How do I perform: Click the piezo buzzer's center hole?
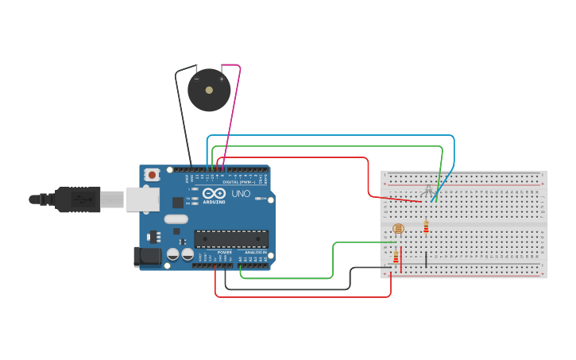(x=209, y=90)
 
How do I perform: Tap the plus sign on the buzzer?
(x=222, y=79)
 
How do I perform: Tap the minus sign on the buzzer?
(x=197, y=79)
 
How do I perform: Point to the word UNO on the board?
(x=241, y=193)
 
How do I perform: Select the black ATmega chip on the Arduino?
(x=231, y=238)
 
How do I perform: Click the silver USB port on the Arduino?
(x=143, y=199)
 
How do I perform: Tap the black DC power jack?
(x=148, y=256)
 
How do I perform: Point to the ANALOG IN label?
(x=255, y=253)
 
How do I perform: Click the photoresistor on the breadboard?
(x=398, y=229)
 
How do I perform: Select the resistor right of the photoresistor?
(x=426, y=227)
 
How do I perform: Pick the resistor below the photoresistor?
(x=396, y=256)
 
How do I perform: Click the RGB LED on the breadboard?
(x=428, y=191)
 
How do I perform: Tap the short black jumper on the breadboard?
(x=426, y=258)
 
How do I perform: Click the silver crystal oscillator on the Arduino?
(x=176, y=219)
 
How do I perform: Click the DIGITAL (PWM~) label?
(x=245, y=182)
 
